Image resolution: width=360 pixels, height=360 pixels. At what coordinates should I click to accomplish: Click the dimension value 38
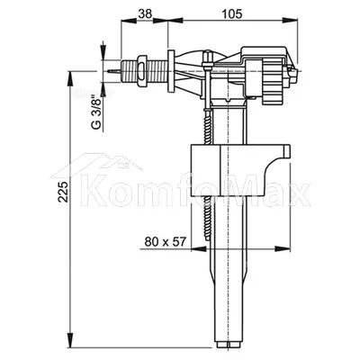click(x=145, y=13)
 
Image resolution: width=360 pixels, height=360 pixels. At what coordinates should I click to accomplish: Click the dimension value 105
click(x=231, y=13)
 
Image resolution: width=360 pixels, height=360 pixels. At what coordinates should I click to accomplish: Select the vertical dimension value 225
click(x=63, y=192)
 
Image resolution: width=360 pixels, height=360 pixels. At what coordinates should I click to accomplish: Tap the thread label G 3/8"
click(x=96, y=112)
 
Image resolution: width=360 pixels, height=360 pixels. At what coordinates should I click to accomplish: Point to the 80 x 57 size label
click(x=166, y=241)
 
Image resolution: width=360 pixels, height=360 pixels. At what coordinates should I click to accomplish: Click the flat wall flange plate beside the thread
click(x=171, y=71)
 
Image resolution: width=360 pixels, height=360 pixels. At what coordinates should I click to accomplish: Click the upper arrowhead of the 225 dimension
click(x=70, y=78)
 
